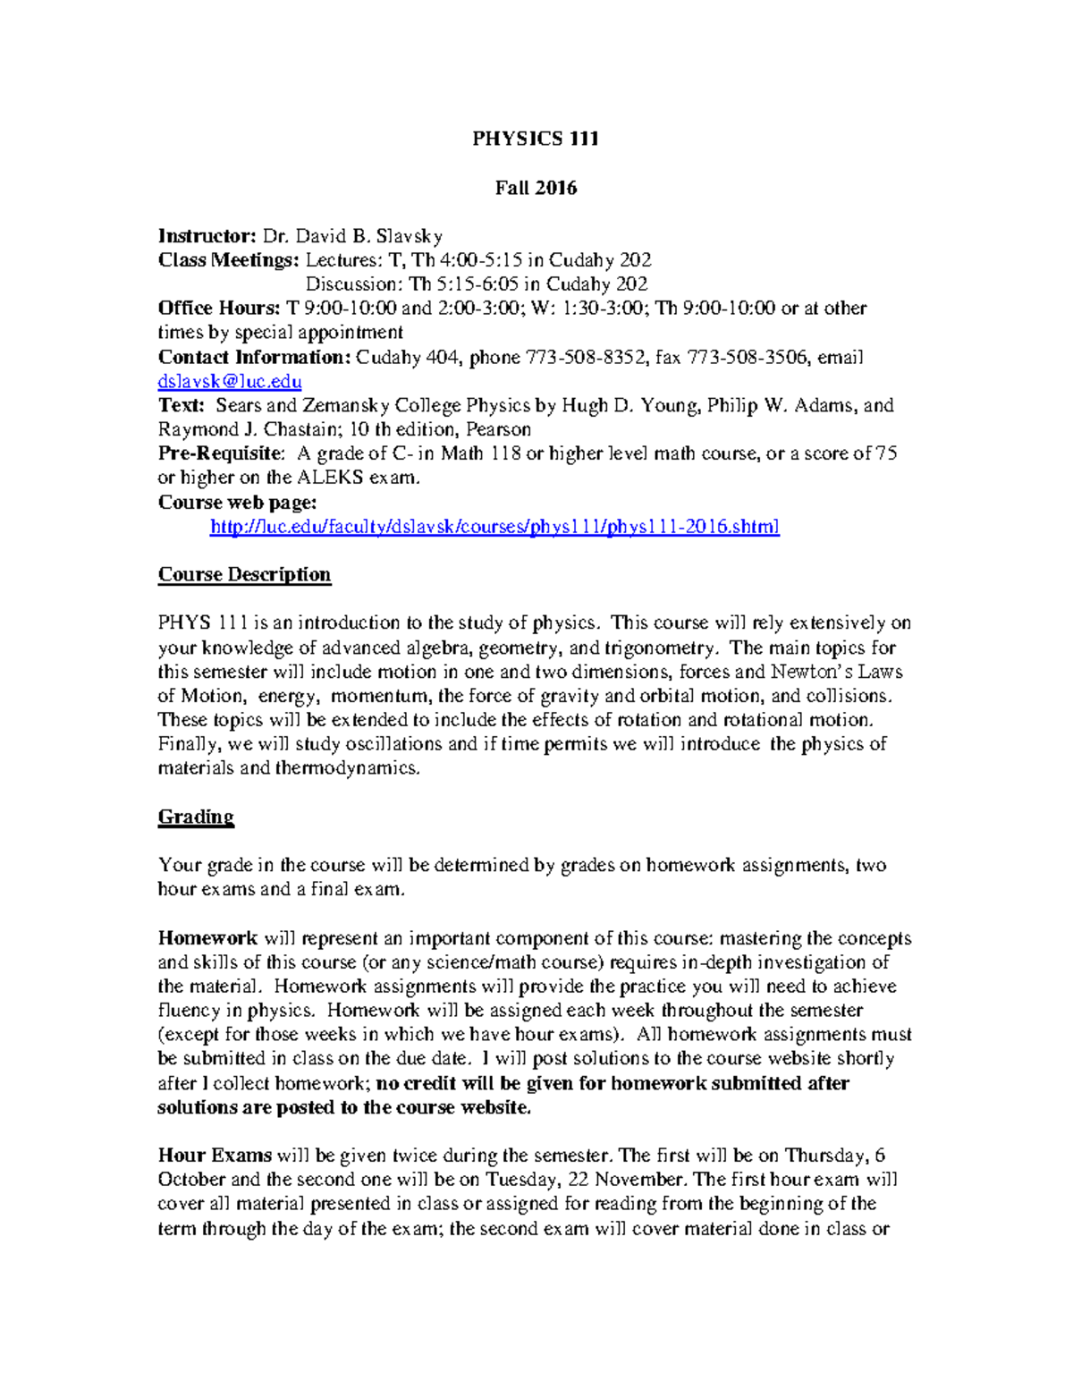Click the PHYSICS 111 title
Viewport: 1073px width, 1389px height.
click(536, 139)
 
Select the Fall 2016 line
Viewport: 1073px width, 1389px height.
click(536, 188)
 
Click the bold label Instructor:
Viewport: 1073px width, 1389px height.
click(207, 236)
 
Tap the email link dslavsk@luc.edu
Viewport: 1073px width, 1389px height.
click(230, 382)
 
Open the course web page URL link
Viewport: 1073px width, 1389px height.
click(494, 527)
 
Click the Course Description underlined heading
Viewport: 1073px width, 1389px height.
click(244, 574)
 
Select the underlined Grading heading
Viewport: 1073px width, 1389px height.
click(196, 817)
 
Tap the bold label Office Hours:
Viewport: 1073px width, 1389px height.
click(219, 309)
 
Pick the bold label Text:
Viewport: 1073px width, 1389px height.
click(182, 405)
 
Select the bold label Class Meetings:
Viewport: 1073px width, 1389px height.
click(229, 260)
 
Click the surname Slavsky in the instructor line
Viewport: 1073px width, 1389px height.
click(409, 236)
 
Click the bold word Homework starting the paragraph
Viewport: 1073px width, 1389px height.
click(207, 938)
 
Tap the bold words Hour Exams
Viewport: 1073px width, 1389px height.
click(215, 1156)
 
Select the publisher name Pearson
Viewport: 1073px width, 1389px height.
click(498, 429)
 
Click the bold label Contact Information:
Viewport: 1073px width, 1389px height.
click(254, 358)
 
